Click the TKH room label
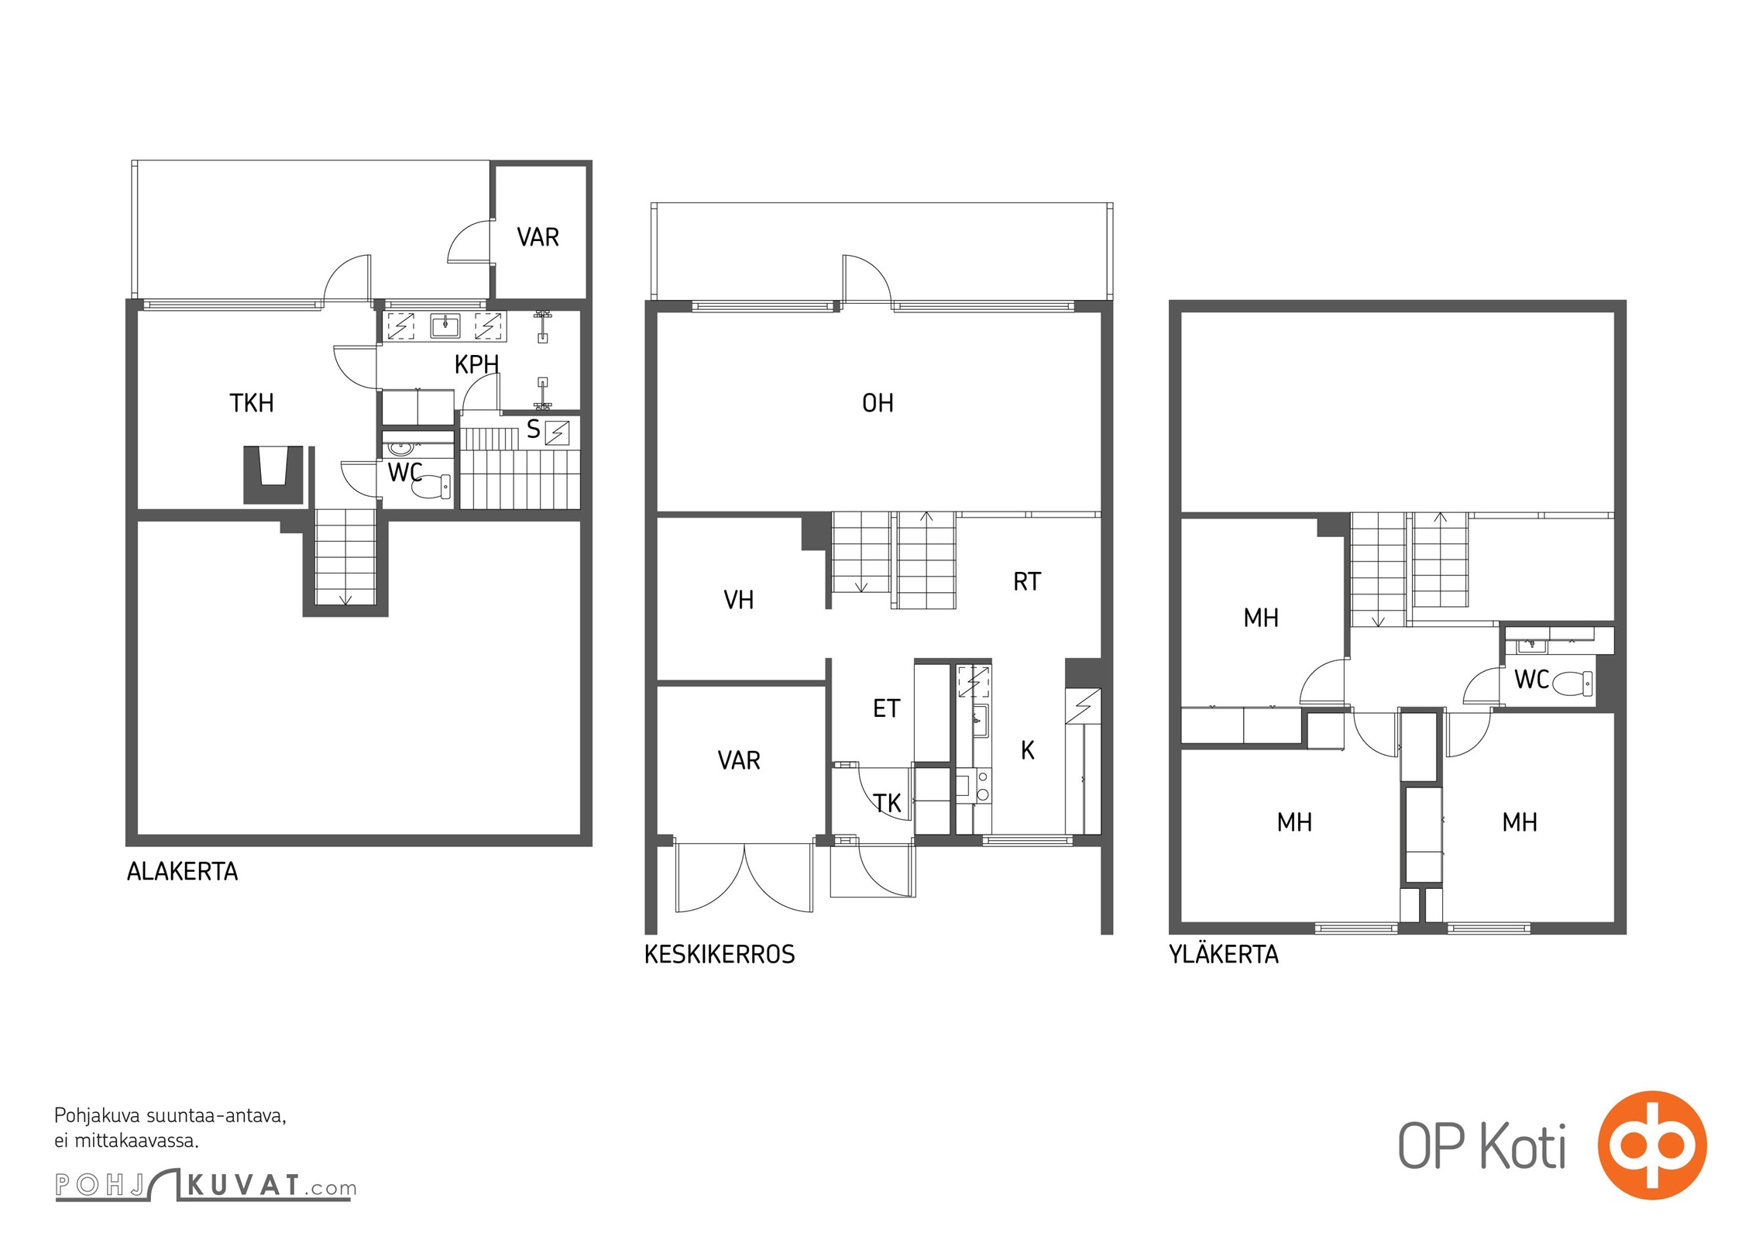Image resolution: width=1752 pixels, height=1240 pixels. point(252,403)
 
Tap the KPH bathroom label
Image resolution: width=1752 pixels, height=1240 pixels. point(476,364)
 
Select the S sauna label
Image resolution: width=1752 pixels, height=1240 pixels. point(533,429)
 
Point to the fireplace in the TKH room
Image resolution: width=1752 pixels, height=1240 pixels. point(273,475)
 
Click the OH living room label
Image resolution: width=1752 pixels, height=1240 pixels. point(878,403)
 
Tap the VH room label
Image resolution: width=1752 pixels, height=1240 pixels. point(738,600)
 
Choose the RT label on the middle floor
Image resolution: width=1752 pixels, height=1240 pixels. point(1027,582)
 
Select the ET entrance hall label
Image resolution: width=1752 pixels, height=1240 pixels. point(886,708)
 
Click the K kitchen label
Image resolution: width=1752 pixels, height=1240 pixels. point(1028,750)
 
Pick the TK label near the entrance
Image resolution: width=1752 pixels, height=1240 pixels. point(888,804)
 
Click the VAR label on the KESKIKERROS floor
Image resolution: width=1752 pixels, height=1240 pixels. point(739,760)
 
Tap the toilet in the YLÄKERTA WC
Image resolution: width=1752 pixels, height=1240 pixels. point(1572,683)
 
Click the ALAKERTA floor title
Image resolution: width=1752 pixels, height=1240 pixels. point(182,872)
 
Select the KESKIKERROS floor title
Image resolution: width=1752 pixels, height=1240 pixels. point(720,954)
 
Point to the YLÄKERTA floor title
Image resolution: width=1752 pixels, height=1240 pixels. point(1224,953)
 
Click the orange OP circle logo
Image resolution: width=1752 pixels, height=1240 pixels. point(1652,1145)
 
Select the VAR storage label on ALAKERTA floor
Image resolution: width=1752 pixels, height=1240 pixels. point(538,237)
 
